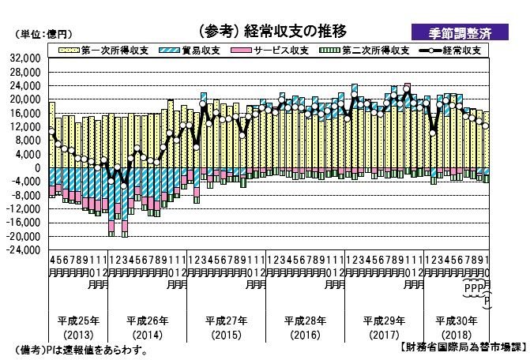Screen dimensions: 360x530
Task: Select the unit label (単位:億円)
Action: click(44, 34)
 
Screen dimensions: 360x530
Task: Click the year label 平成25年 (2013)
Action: click(78, 326)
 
